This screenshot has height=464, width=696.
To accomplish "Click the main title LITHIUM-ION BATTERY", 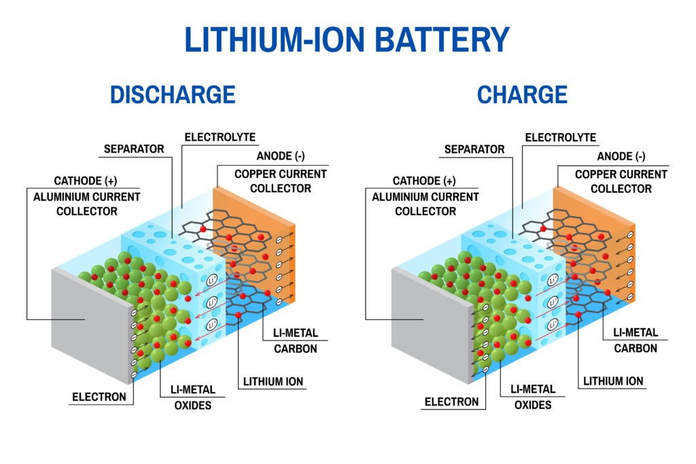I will pyautogui.click(x=347, y=39).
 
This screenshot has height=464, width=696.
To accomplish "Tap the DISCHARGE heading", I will pyautogui.click(x=173, y=94).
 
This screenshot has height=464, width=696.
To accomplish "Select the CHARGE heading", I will pyautogui.click(x=522, y=94).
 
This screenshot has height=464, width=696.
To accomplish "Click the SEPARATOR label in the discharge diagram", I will pyautogui.click(x=134, y=149).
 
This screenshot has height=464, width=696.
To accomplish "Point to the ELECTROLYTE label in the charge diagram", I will pyautogui.click(x=560, y=137).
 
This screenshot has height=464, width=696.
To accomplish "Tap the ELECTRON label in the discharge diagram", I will pyautogui.click(x=100, y=397).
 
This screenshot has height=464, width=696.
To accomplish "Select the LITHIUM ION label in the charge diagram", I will pyautogui.click(x=613, y=381).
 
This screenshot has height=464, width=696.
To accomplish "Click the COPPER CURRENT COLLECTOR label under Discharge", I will pyautogui.click(x=281, y=181).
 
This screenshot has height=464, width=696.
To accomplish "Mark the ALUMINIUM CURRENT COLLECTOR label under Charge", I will pyautogui.click(x=425, y=204).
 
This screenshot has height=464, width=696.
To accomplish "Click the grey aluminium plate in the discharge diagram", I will pyautogui.click(x=88, y=326).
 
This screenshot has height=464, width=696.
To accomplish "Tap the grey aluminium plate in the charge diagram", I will pyautogui.click(x=428, y=326).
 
